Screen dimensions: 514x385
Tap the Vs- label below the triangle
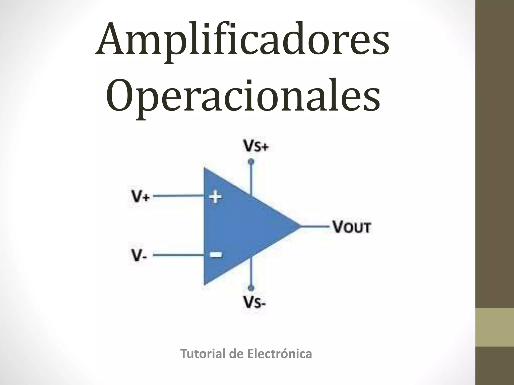point(254,304)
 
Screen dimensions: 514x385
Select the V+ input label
point(141,197)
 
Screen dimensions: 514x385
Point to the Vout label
point(351,227)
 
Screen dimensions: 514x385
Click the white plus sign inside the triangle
point(215,197)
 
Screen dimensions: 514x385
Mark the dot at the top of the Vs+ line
point(251,162)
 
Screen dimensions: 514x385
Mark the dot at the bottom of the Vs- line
point(251,288)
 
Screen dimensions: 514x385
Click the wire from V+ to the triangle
point(178,196)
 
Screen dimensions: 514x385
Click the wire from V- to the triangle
point(178,255)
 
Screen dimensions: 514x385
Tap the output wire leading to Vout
point(315,226)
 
